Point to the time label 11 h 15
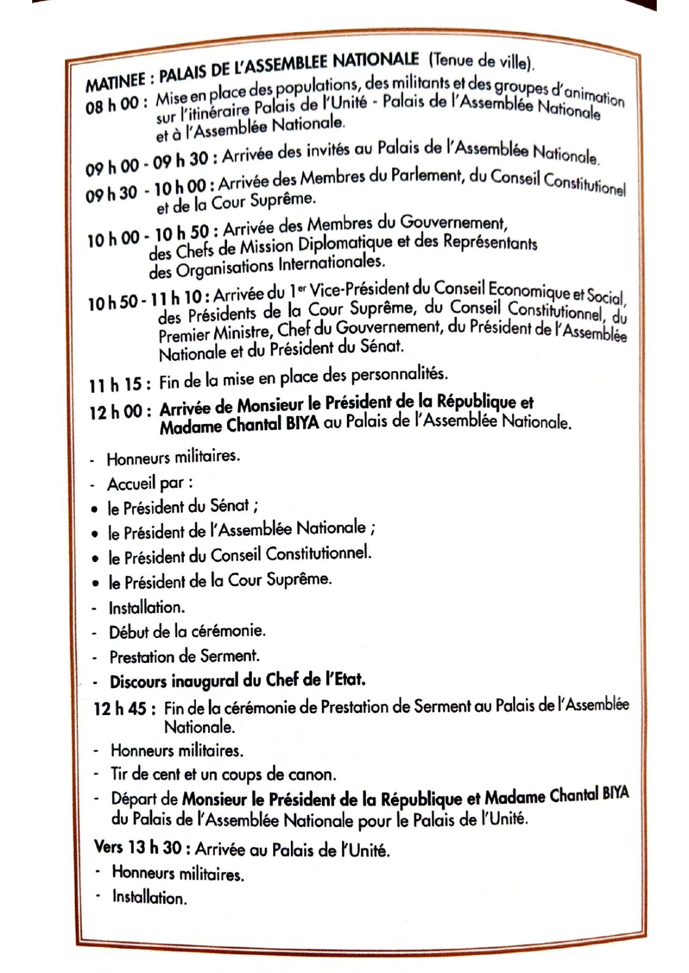point(115,384)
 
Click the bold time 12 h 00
point(116,412)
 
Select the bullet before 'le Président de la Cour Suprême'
point(96,583)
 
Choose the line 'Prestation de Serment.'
point(184,656)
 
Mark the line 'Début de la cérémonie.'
point(187,631)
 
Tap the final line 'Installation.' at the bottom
point(149,897)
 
